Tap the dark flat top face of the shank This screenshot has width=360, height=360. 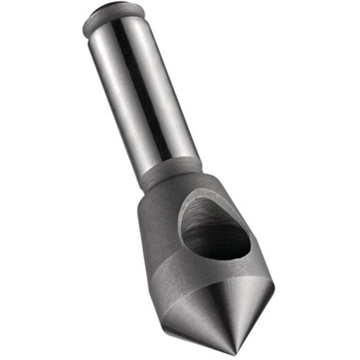tap(115, 8)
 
